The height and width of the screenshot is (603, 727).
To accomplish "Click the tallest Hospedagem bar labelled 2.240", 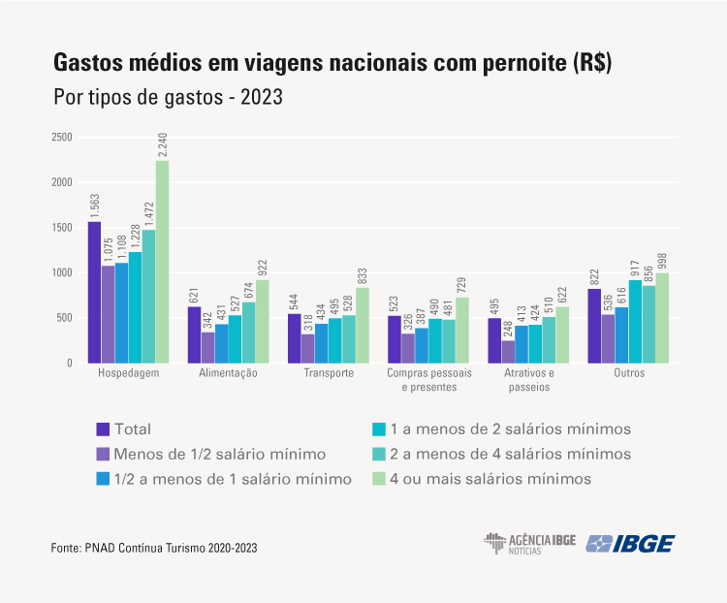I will coord(162,262).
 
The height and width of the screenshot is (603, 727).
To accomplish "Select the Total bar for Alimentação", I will coord(194,334).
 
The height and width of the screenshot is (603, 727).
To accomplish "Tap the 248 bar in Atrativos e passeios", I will coord(508,352).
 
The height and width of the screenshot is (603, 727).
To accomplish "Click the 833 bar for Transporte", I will coord(363,325).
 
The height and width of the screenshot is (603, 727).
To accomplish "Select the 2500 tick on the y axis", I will coord(62,137).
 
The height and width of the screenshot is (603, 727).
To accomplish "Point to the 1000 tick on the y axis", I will coord(62,272).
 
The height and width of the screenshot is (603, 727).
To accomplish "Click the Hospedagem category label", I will coord(129,373).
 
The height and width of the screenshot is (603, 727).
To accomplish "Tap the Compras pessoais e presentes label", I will coord(428,380).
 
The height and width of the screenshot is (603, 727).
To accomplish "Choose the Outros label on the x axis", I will coord(629,373).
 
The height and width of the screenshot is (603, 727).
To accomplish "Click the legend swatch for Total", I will coord(102,428).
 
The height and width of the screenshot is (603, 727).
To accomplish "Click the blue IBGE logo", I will coord(630,543).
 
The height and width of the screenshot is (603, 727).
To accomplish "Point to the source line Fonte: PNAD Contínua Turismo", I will coord(153,549).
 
